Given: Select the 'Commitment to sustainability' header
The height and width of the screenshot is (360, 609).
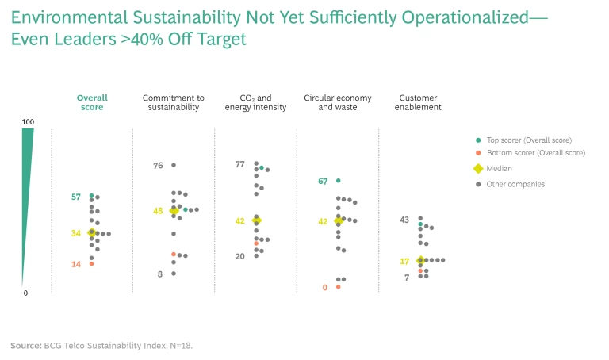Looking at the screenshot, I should (170, 102).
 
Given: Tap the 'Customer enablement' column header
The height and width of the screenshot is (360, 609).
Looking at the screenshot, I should (419, 102).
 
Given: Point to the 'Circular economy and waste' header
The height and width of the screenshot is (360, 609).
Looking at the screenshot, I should (338, 102).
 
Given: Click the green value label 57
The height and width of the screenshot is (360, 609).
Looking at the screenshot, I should (76, 197).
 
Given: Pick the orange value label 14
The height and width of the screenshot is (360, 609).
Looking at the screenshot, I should (76, 264).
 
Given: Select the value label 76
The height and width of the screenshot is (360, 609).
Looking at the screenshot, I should (158, 166).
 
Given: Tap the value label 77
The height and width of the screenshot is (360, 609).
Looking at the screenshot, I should (239, 164).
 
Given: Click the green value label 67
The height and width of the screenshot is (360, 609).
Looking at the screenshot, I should (323, 182).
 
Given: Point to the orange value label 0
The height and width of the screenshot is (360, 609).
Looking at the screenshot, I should (325, 288).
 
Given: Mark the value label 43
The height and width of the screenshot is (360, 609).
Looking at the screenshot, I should (404, 220).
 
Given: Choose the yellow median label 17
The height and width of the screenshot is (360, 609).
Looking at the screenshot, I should (404, 261).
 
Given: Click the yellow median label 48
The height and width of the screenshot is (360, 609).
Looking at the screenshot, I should (159, 211).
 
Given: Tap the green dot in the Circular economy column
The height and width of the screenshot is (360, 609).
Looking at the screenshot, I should (339, 181).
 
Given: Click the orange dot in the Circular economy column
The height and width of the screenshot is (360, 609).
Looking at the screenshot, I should (339, 287).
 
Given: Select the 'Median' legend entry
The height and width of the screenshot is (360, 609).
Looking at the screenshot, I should (499, 168).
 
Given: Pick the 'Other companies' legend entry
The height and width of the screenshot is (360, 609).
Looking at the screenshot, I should (515, 184).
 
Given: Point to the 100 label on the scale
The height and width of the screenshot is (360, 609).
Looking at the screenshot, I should (28, 121).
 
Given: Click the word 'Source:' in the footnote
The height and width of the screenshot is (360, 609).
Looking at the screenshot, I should (25, 346).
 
